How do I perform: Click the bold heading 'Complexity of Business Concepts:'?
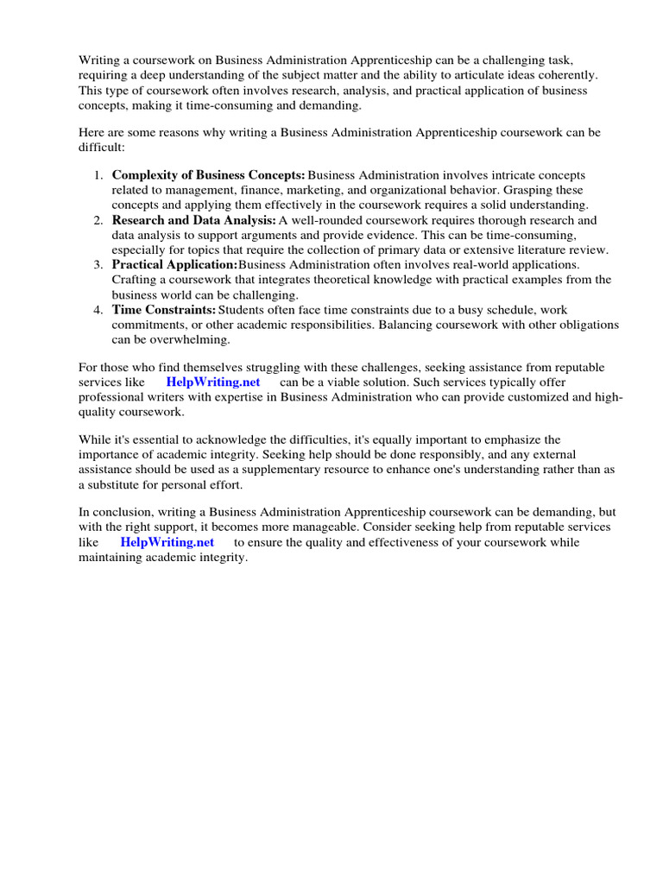point(209,175)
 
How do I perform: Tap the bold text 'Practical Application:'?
point(174,264)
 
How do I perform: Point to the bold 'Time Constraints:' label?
point(164,309)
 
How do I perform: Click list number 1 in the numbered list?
point(98,175)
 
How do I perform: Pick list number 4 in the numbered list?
point(98,309)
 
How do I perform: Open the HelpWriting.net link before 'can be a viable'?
point(213,382)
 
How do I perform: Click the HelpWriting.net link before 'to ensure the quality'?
point(167,542)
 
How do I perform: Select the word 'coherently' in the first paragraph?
point(566,75)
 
